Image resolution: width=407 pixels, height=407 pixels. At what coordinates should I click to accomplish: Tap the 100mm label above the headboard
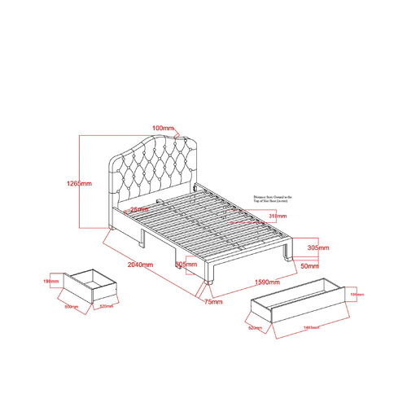click(163, 128)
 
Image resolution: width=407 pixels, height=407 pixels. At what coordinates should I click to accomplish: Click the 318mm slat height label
click(276, 217)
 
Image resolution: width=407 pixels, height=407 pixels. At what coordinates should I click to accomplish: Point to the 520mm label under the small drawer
click(105, 307)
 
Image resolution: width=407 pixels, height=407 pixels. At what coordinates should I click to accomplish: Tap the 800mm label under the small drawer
click(72, 307)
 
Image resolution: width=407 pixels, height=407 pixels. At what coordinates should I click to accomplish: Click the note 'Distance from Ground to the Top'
click(276, 198)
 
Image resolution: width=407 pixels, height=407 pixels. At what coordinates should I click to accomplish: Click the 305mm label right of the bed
click(317, 247)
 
